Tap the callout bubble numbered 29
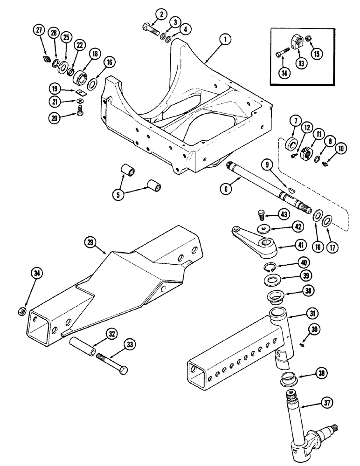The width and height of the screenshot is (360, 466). tap(90, 242)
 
